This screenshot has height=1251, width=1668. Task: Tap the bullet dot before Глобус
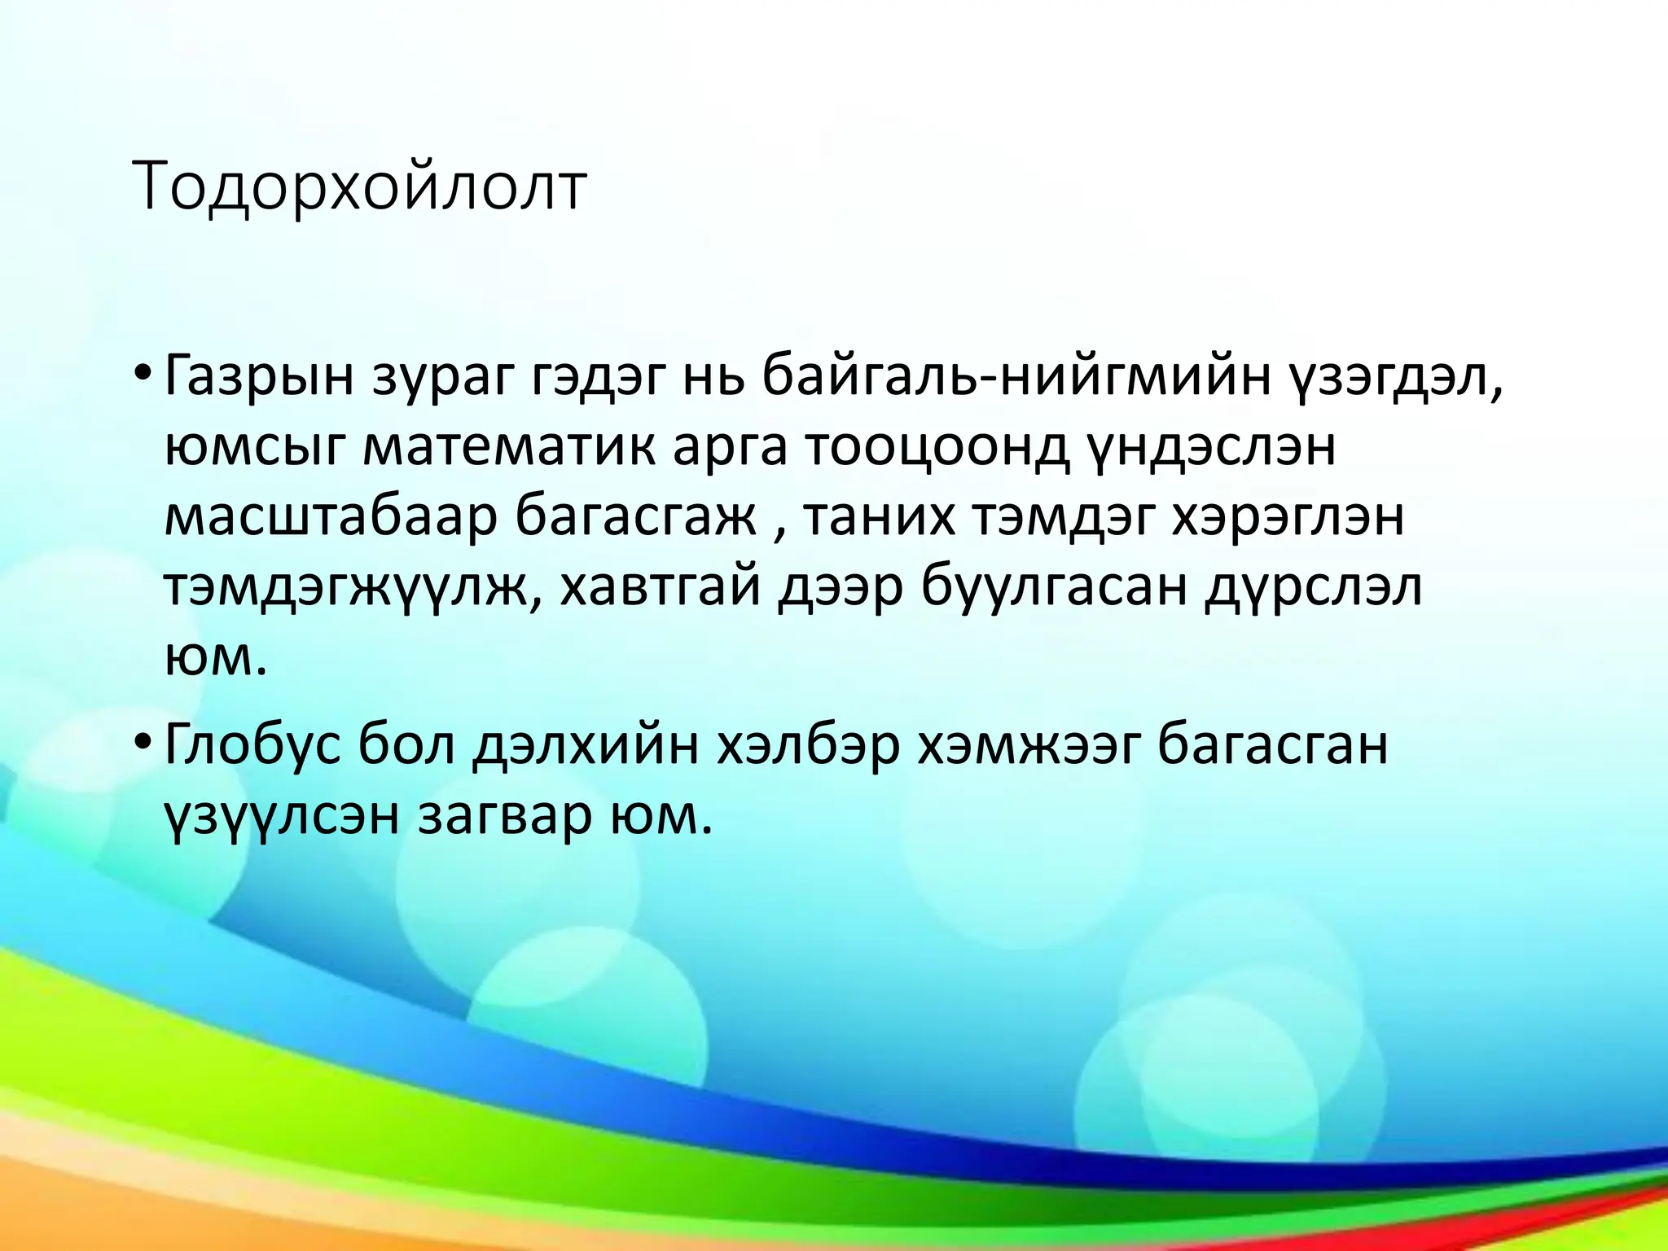pyautogui.click(x=143, y=743)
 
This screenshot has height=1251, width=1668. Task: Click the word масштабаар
pyautogui.click(x=330, y=518)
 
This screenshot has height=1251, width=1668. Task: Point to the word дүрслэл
pyautogui.click(x=1313, y=588)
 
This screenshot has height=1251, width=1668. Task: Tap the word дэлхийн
pyautogui.click(x=585, y=745)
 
